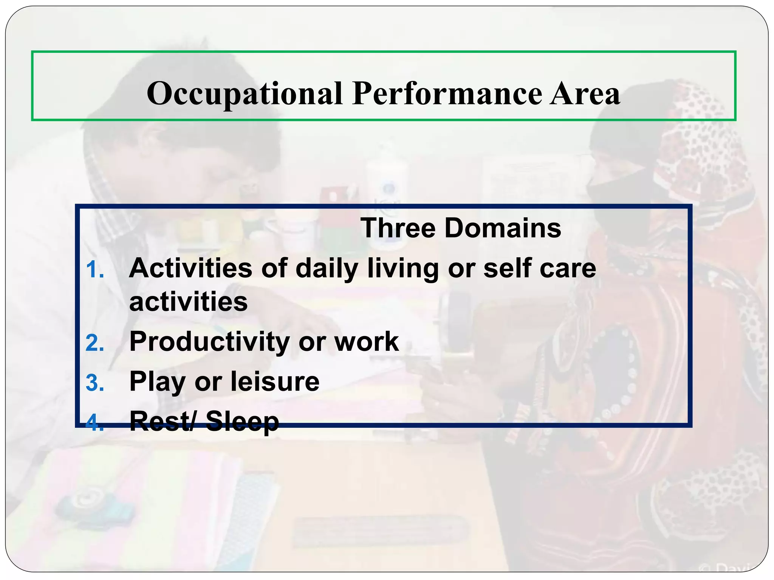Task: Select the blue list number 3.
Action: pyautogui.click(x=94, y=383)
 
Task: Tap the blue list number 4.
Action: pyautogui.click(x=94, y=423)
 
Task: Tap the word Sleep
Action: pyautogui.click(x=242, y=422)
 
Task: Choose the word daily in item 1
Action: pyautogui.click(x=327, y=269)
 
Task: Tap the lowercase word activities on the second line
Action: pyautogui.click(x=188, y=302)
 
